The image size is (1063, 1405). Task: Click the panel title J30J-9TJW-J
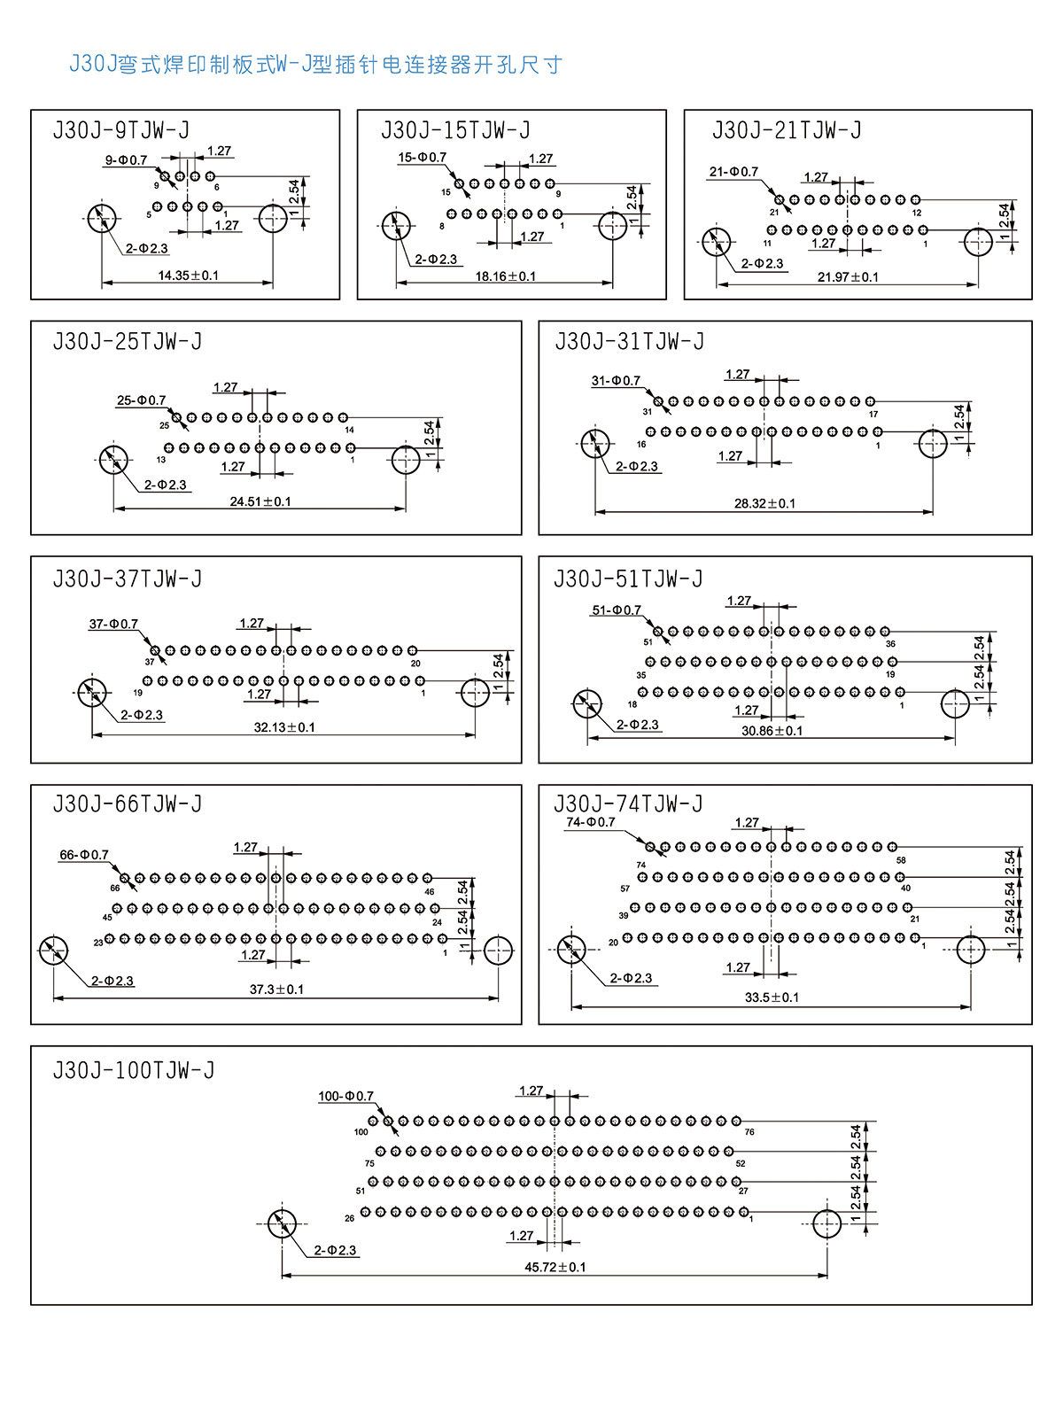121,131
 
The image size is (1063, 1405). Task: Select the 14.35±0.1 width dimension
188,276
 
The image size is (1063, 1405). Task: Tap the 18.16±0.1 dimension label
505,276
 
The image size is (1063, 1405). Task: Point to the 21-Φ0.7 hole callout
733,172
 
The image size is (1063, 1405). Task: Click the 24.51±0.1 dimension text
260,501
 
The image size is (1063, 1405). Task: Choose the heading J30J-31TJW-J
629,342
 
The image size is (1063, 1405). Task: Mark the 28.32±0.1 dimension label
764,503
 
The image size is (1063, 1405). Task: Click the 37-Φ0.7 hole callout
113,624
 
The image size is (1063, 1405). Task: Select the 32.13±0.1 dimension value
284,727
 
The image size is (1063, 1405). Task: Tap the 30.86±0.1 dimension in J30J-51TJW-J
772,731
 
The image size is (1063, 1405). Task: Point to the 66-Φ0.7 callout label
84,855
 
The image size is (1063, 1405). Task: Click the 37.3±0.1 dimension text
276,990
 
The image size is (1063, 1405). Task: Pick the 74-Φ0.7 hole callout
591,822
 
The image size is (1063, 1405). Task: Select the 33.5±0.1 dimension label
772,997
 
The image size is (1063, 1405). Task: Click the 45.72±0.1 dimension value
555,1267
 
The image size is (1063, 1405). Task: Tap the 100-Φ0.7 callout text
345,1096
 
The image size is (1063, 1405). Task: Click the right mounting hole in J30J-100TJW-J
826,1224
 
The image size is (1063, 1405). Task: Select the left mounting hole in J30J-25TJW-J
113,459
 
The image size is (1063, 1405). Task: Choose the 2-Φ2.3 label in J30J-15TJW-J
436,260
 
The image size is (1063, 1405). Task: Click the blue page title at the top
315,65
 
